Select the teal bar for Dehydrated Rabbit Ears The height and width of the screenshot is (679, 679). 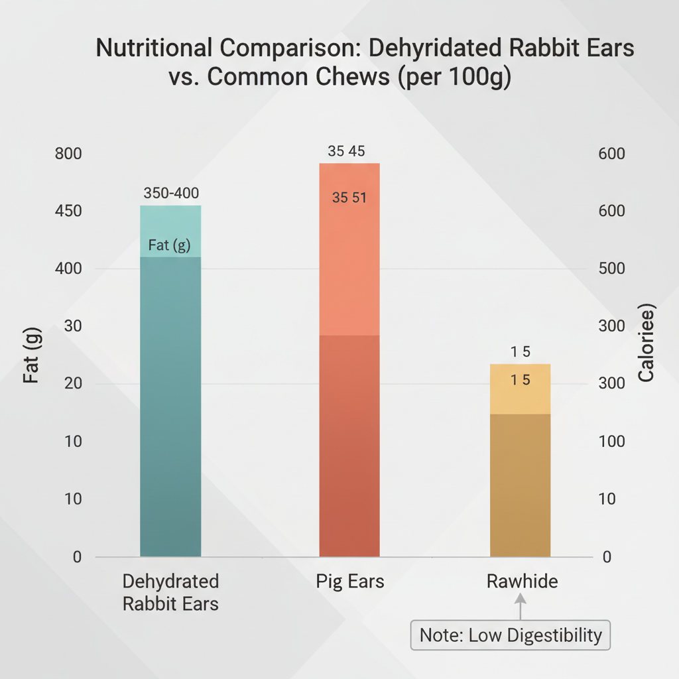(170, 398)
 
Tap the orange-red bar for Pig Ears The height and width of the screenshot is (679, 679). (349, 398)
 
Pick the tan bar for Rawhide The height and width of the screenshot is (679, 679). (521, 477)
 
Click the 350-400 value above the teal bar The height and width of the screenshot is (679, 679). (171, 193)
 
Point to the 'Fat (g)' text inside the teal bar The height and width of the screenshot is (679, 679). (169, 245)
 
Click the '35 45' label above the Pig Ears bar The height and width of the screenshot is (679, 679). (346, 151)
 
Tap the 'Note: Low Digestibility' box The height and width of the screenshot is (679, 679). (511, 635)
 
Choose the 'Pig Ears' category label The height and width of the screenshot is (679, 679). (349, 582)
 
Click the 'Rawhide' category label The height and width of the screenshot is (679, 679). (522, 582)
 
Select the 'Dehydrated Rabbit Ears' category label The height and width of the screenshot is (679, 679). (171, 593)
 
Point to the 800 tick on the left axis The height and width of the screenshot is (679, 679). (68, 154)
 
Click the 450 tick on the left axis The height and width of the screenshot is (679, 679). (68, 212)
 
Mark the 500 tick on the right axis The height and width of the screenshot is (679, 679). (611, 269)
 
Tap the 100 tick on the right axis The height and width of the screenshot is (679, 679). (611, 442)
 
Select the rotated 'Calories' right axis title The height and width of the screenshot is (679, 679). (646, 344)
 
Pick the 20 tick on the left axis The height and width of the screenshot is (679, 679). (72, 384)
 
